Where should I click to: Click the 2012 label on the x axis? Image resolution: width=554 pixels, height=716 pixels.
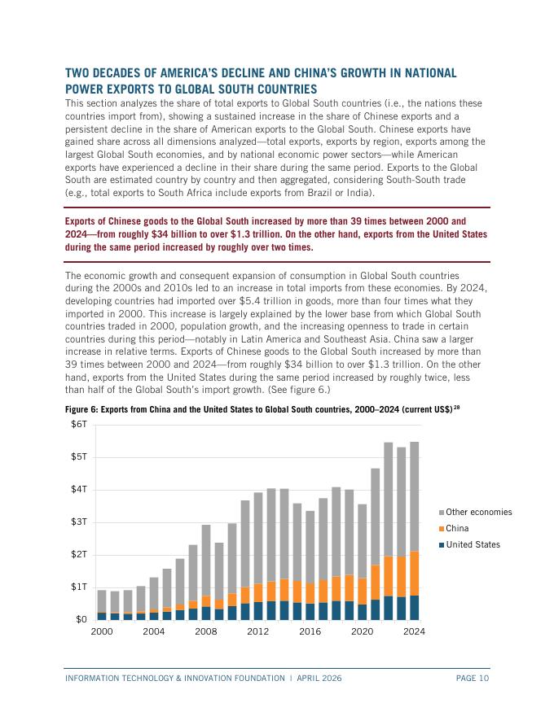(x=258, y=631)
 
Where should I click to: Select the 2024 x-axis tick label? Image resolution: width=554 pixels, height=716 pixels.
(x=415, y=631)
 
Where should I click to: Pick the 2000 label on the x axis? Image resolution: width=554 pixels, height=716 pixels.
(x=102, y=631)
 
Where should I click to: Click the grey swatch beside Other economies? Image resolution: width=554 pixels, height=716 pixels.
(x=442, y=513)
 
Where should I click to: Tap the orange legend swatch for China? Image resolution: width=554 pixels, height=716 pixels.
(x=442, y=529)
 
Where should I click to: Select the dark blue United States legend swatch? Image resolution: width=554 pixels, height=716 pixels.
(x=442, y=545)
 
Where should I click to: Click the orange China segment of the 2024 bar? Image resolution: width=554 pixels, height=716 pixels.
(x=415, y=574)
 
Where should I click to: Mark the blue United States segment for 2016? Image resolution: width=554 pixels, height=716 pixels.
(x=310, y=611)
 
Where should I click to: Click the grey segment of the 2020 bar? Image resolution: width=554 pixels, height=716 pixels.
(x=363, y=541)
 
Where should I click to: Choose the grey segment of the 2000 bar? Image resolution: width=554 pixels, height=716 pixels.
(x=102, y=601)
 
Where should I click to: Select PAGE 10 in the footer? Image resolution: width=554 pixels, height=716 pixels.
(x=473, y=678)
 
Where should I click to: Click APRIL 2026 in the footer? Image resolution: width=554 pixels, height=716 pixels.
(x=317, y=678)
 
